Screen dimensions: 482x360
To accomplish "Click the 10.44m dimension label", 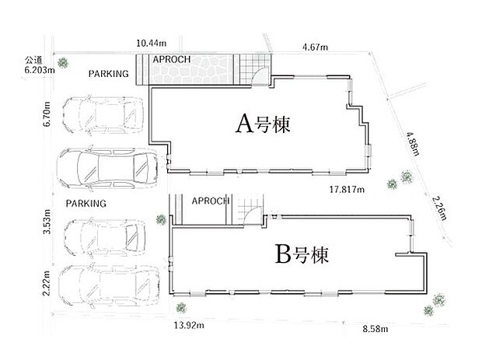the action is [x=152, y=43].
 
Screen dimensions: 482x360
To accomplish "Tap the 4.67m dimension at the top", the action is [x=315, y=47].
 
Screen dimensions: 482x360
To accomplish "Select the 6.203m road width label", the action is [x=40, y=70].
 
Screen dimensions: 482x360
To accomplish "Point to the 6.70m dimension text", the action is [x=47, y=114].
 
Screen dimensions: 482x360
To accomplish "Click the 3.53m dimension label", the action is [x=47, y=222].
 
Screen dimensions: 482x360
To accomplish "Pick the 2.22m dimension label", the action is [x=46, y=283].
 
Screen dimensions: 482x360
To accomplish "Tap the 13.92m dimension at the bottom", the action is [x=189, y=325].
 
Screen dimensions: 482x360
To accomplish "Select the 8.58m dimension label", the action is [x=375, y=329].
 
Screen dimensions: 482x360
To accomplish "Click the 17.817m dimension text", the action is [x=347, y=190].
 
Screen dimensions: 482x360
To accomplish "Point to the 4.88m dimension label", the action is [x=413, y=144].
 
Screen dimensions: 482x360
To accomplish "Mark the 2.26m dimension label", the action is [x=439, y=208].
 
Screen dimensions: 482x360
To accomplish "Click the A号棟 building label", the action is [x=263, y=124].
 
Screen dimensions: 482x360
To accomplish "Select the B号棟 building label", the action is [x=302, y=254].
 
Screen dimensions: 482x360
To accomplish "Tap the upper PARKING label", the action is [x=109, y=74].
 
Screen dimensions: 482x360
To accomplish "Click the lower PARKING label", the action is [x=86, y=204].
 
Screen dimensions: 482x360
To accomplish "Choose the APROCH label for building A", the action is [x=172, y=59].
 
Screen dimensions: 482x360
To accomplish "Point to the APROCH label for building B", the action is [x=211, y=201].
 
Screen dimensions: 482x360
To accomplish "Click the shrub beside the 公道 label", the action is [x=64, y=63].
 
